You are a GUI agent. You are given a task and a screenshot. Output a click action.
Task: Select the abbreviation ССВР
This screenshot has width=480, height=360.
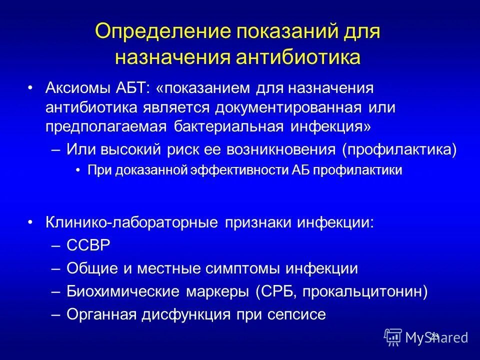87,245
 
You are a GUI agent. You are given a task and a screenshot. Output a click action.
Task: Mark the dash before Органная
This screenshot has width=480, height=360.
56,314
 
